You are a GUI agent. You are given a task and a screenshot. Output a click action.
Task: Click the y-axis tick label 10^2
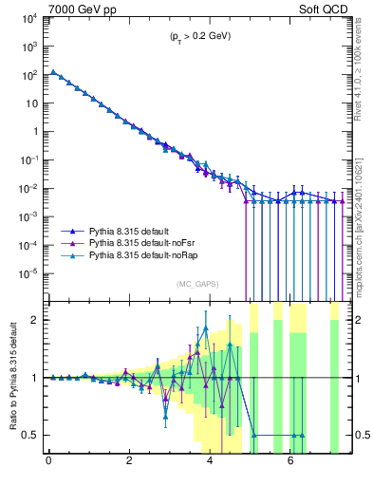click(x=28, y=74)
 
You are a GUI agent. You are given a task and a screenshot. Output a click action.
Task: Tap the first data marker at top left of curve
click(x=53, y=72)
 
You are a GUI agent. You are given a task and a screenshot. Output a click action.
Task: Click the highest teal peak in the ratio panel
click(x=206, y=328)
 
